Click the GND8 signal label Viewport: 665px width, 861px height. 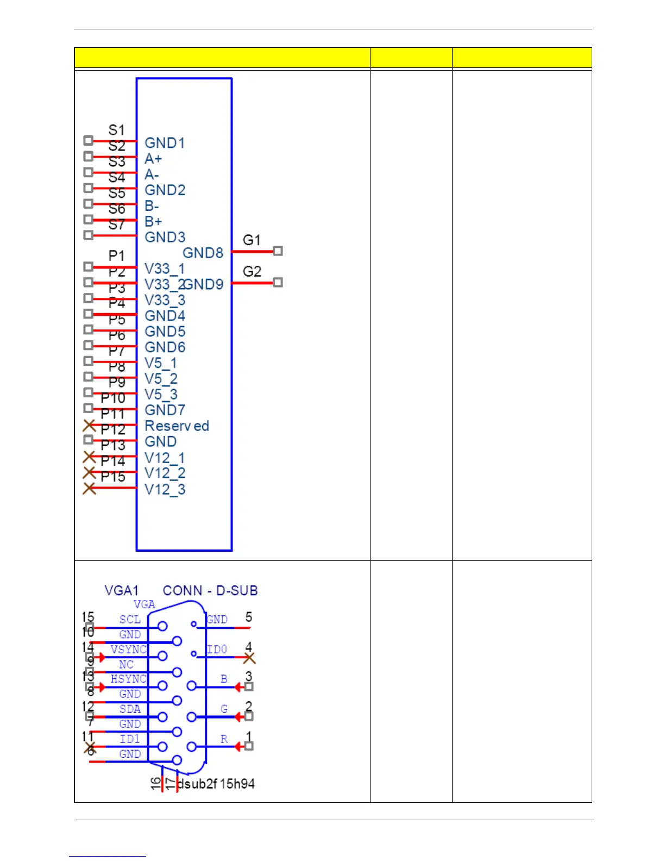click(203, 253)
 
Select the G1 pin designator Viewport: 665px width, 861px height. click(252, 240)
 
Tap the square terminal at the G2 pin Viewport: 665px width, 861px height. click(278, 283)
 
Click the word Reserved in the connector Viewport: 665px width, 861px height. click(177, 426)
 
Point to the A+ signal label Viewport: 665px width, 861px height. click(153, 159)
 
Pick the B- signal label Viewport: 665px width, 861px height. click(152, 207)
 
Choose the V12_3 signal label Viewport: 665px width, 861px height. click(165, 490)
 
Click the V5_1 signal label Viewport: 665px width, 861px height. click(160, 363)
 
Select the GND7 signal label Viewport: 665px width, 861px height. click(165, 410)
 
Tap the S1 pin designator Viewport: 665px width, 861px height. click(116, 130)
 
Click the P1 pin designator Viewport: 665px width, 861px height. click(116, 256)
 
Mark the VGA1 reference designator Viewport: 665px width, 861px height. click(121, 591)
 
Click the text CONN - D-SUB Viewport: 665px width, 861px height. click(210, 591)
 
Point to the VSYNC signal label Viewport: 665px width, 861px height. click(128, 650)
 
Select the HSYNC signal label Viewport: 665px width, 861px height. click(128, 679)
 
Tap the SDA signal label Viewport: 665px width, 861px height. click(130, 709)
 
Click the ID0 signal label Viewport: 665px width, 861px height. click(217, 650)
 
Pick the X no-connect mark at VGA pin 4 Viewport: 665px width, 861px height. click(249, 658)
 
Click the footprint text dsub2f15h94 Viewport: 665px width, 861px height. click(216, 784)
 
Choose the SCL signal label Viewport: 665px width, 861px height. click(130, 620)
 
